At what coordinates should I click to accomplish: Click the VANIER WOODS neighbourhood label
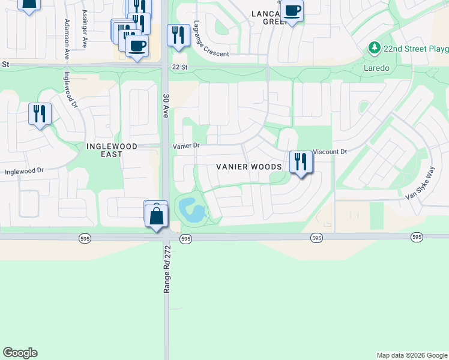click(249, 166)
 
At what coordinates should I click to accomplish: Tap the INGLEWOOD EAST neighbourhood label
click(112, 150)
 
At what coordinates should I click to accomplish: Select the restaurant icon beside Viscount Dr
click(301, 162)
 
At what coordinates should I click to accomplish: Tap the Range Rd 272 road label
click(167, 269)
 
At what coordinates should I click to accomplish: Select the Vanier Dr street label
click(186, 146)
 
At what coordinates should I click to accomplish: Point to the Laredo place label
click(376, 68)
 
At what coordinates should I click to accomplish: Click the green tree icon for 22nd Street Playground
click(375, 47)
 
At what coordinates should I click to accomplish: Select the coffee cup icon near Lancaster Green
click(292, 10)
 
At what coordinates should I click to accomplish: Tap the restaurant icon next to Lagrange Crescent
click(178, 35)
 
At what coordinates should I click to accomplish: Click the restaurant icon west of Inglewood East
click(40, 113)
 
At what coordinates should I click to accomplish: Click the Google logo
click(20, 353)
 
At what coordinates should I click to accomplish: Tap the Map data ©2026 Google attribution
click(411, 355)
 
